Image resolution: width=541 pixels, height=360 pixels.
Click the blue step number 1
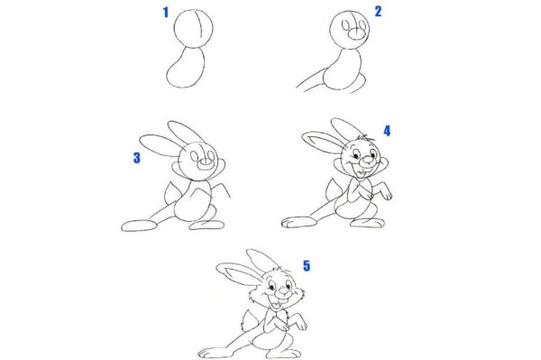tap(166, 13)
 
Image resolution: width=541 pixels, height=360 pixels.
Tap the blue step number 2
tap(378, 12)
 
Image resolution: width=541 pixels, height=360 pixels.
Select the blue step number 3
tap(137, 158)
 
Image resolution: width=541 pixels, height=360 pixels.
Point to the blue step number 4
tap(387, 131)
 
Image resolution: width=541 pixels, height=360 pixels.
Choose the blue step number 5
tap(307, 265)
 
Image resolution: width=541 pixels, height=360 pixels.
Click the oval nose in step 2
tap(357, 33)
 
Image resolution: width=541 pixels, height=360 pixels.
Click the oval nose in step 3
tap(206, 163)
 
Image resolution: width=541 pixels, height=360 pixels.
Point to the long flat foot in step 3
tap(140, 226)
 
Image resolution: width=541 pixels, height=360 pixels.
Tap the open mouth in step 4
tap(363, 172)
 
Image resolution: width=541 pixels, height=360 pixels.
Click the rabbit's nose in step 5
tap(284, 292)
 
